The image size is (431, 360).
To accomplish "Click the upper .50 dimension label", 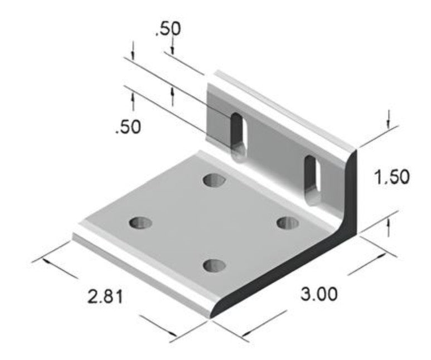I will point(167,28).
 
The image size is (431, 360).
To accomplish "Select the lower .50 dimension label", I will point(128,127).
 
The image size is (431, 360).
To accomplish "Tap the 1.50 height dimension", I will point(392,177).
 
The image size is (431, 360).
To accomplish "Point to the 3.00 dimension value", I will point(319,294).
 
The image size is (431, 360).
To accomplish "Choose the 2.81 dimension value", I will point(105,296).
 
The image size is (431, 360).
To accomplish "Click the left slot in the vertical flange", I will point(239,134).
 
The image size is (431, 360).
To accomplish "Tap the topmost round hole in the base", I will point(214,180).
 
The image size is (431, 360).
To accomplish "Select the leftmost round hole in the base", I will point(141,223).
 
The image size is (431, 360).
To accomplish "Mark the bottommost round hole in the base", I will point(215,265).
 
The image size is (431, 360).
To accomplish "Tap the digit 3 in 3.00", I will point(306,294).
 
